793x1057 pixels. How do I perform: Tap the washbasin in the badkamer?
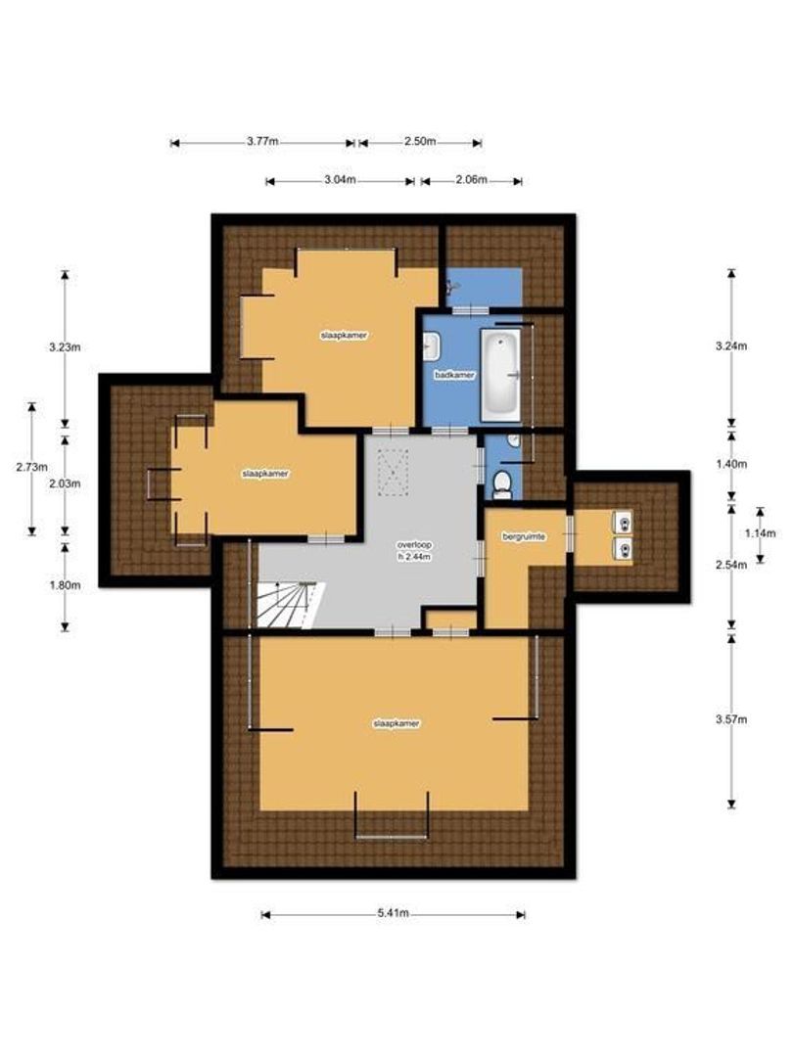point(432,345)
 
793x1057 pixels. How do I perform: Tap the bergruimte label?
point(526,537)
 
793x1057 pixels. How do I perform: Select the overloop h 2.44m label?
point(415,550)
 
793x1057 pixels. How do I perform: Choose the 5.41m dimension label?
point(393,913)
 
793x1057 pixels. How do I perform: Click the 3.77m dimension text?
point(262,142)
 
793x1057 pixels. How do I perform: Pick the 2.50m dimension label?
point(420,142)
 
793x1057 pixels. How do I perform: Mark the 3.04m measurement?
point(339,180)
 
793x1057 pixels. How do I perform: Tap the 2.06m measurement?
point(471,180)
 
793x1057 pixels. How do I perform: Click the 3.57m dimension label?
point(731,720)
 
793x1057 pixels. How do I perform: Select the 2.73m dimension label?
point(31,467)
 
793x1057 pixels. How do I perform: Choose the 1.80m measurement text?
point(66,585)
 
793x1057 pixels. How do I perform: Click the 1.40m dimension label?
point(731,463)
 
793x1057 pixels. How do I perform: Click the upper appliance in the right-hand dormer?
point(621,520)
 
